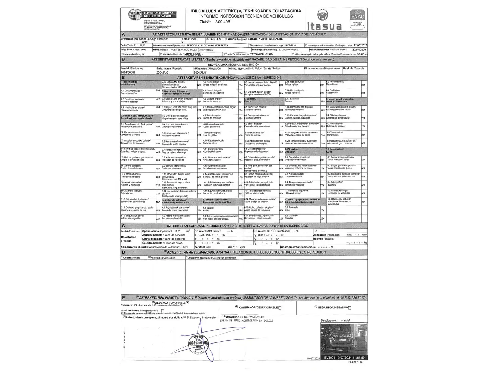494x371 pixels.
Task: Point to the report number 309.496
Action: [223, 22]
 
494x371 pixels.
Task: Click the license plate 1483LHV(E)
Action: [193, 54]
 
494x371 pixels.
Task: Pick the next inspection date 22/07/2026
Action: [360, 45]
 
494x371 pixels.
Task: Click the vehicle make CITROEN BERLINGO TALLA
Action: [184, 49]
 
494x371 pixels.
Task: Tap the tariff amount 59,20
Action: [142, 45]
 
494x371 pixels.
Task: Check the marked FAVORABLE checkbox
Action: [188, 303]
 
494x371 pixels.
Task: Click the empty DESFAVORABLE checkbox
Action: [280, 308]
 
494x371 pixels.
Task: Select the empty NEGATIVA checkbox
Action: [350, 308]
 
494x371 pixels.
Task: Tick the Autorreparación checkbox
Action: [163, 310]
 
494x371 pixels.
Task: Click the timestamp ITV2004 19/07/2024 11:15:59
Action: [344, 357]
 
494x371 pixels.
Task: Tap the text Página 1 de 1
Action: [356, 362]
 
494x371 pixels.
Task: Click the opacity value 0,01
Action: [178, 231]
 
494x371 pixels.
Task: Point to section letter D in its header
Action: [123, 252]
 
